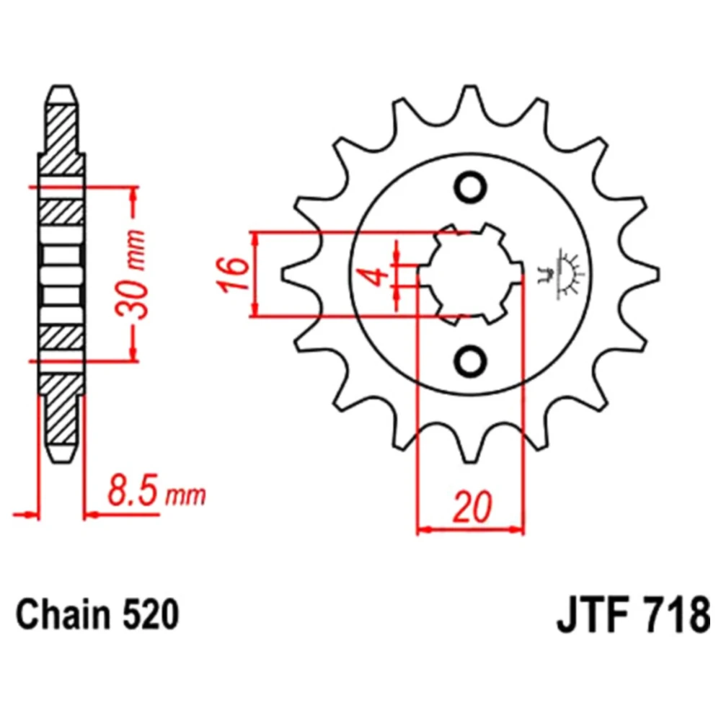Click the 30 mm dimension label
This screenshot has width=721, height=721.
pyautogui.click(x=131, y=275)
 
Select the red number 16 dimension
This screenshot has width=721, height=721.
pyautogui.click(x=234, y=275)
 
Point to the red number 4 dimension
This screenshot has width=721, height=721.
pyautogui.click(x=378, y=275)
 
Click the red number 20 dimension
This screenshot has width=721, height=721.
pyautogui.click(x=472, y=508)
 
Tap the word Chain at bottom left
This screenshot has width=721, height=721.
pyautogui.click(x=63, y=615)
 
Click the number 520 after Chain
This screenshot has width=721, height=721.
pyautogui.click(x=150, y=615)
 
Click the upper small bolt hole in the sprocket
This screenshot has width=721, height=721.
pyautogui.click(x=470, y=187)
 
